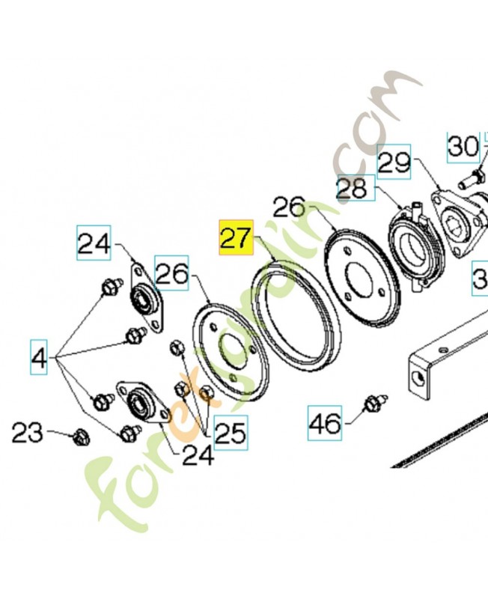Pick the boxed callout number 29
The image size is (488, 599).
[x=394, y=162]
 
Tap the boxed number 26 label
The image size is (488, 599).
[x=172, y=274]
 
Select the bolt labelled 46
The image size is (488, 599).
[x=372, y=404]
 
